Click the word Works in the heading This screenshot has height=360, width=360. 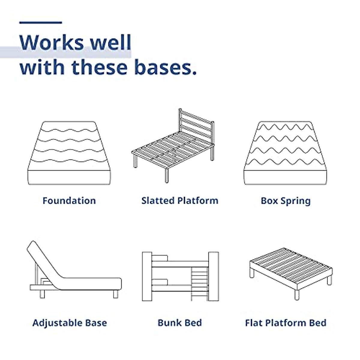click(x=52, y=42)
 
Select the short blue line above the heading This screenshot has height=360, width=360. click(x=40, y=22)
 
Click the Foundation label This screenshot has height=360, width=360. click(x=69, y=201)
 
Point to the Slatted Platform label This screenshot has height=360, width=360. click(x=180, y=201)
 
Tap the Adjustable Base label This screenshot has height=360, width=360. click(x=70, y=323)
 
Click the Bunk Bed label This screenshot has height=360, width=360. click(x=180, y=322)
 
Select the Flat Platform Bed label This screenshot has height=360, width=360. click(x=286, y=322)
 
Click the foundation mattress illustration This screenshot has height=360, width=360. click(x=69, y=153)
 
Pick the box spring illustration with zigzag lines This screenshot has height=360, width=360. click(x=285, y=153)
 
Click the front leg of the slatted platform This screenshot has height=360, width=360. click(x=166, y=175)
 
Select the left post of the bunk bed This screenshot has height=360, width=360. click(x=147, y=276)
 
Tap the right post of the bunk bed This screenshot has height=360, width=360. click(x=214, y=276)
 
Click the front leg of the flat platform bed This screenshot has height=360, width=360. click(x=297, y=295)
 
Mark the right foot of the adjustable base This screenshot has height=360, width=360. click(x=115, y=294)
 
